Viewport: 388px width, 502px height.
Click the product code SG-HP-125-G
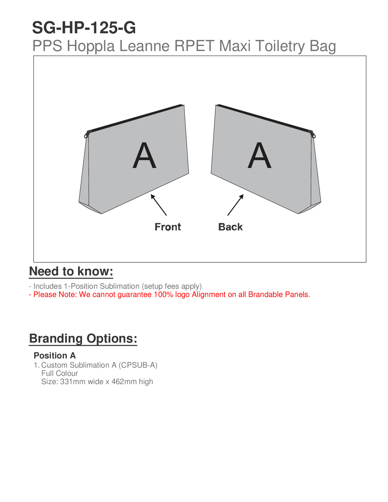coord(84,28)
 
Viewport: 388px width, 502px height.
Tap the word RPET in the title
coord(194,46)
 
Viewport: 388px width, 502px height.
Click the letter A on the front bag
coord(145,156)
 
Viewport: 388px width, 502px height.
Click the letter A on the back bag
coord(260,156)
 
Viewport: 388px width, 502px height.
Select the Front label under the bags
coord(168,227)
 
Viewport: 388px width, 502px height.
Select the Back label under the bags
coord(230,227)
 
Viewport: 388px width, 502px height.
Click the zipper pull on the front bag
coord(86,135)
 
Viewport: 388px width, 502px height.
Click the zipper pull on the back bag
coord(313,135)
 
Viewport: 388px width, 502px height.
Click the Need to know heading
coord(71,272)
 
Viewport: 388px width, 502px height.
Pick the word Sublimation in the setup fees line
coord(120,286)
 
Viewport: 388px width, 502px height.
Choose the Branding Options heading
coord(83,338)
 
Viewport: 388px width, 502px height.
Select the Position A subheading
coord(55,356)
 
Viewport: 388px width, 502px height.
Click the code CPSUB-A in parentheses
coord(138,365)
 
